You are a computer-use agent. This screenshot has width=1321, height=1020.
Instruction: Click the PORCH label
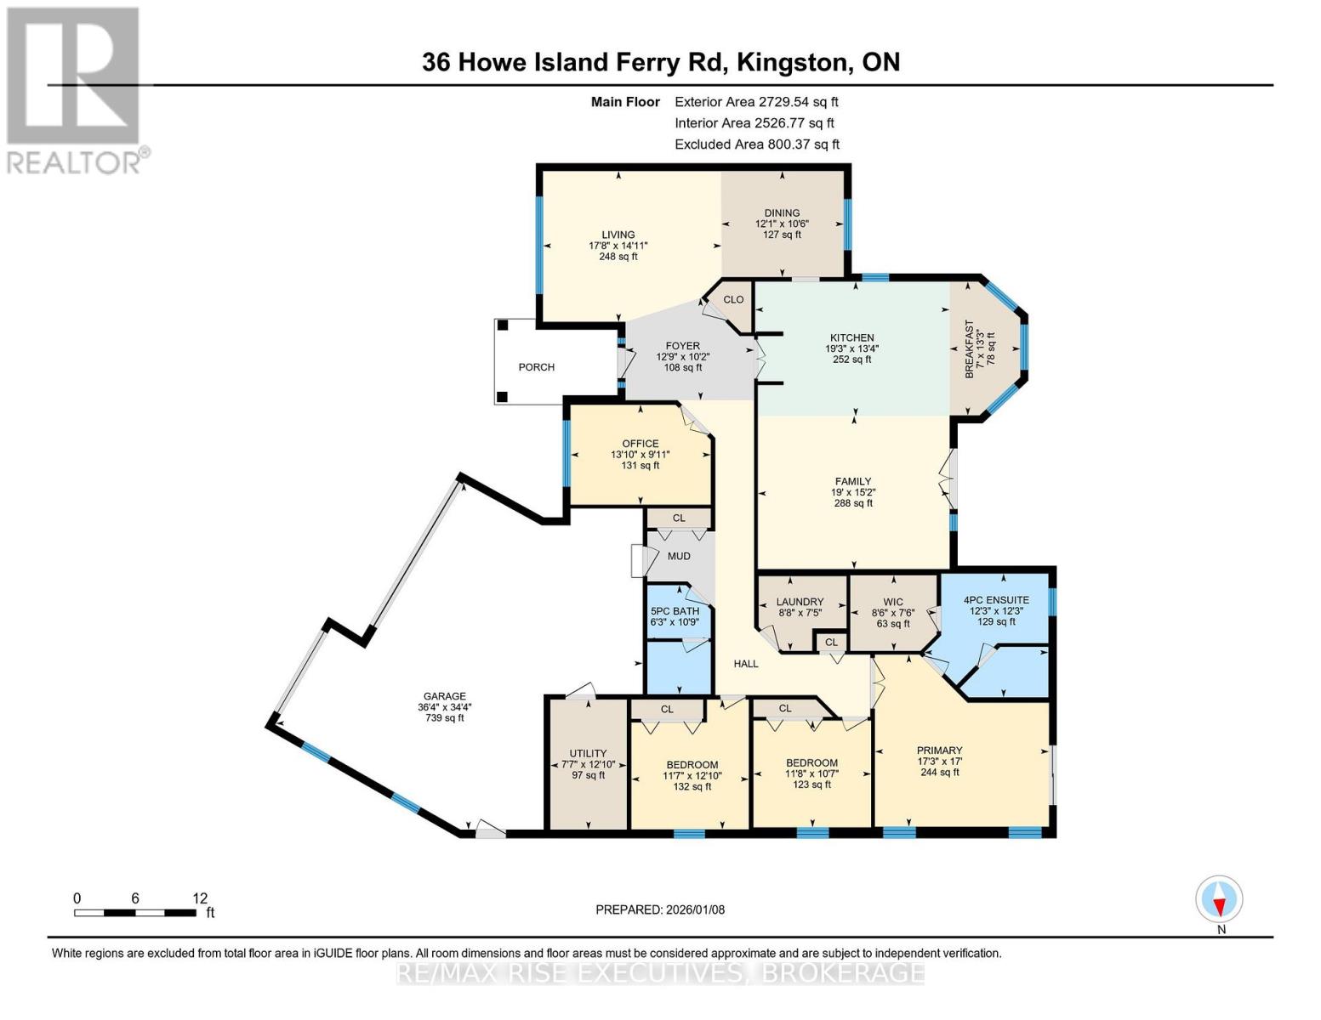point(536,367)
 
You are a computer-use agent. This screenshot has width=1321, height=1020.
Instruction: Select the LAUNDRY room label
point(800,602)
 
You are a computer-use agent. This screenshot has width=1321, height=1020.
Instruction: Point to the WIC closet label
point(892,602)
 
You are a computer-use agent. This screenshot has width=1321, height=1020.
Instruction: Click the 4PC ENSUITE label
point(995,599)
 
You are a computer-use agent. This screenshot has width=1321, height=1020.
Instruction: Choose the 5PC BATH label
point(675,611)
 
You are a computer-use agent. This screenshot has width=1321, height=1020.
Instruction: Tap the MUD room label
point(679,556)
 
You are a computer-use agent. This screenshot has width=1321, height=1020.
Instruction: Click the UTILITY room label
point(588,753)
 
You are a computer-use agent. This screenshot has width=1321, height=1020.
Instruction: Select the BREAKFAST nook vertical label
point(968,349)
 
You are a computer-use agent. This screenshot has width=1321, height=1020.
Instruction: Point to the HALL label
point(746,663)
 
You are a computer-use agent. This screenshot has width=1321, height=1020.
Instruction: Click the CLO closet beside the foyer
point(733,299)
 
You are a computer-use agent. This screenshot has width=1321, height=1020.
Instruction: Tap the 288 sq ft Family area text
point(853,503)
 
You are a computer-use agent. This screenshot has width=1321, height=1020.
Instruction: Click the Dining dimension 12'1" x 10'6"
point(782,224)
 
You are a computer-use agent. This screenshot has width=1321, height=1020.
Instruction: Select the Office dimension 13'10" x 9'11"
point(640,454)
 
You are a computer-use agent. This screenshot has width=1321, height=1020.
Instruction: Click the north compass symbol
point(1219,898)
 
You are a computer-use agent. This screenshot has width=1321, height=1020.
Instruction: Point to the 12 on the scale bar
point(200,898)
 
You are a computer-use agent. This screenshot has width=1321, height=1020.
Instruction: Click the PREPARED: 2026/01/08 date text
point(660,909)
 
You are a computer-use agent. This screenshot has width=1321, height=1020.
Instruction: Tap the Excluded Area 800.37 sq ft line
point(756,144)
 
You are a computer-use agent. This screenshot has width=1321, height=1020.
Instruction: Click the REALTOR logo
point(75,89)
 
